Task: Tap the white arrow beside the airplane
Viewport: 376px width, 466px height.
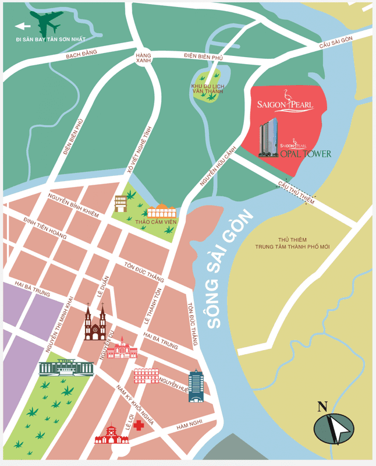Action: tap(22, 26)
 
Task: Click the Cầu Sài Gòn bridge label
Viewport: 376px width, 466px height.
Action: tap(336, 43)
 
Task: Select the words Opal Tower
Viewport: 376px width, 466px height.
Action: tap(306, 154)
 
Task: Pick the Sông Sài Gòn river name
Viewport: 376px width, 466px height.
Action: tap(231, 268)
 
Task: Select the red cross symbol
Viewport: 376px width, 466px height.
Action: tap(139, 426)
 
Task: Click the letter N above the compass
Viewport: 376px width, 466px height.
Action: tap(322, 407)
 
